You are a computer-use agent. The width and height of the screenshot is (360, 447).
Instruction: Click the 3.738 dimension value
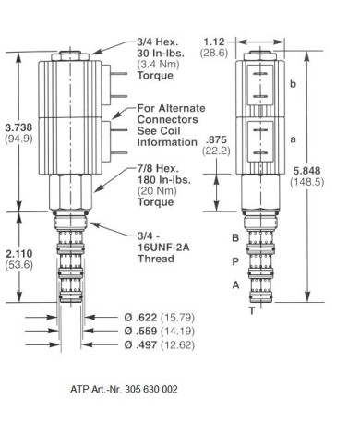click(18, 127)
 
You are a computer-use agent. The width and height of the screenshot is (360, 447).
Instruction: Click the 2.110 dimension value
click(18, 254)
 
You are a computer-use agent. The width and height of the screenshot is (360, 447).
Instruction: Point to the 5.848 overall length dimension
click(306, 171)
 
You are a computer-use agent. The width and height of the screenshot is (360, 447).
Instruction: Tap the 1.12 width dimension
click(214, 42)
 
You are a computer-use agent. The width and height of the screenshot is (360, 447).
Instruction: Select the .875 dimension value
click(216, 139)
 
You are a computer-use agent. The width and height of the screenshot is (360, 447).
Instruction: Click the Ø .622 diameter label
click(140, 317)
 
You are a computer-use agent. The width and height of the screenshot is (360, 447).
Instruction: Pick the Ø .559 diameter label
click(140, 331)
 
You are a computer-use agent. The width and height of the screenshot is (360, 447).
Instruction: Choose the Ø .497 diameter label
click(140, 344)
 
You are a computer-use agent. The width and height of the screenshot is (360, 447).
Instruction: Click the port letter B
click(235, 238)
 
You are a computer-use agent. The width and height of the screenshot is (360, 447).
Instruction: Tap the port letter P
click(235, 261)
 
